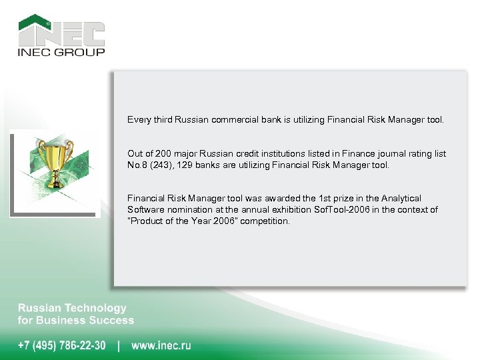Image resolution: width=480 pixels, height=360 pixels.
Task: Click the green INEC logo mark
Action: (61, 31)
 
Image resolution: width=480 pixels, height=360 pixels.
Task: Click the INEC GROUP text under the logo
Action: (61, 52)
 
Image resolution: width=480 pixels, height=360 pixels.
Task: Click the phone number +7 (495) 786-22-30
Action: (61, 345)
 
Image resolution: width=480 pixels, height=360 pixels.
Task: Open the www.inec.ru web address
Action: (161, 345)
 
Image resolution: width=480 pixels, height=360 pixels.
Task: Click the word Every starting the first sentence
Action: (139, 121)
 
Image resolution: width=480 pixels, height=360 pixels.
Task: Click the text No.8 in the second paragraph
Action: (137, 165)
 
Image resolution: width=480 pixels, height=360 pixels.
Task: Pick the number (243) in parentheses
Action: (159, 165)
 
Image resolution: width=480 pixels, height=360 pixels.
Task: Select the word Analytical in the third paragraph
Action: (401, 199)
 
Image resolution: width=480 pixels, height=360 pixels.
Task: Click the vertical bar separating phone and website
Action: (119, 345)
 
